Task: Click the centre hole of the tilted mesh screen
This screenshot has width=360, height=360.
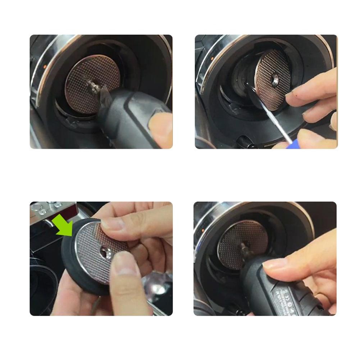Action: (x=275, y=79)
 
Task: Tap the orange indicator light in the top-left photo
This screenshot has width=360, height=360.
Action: (x=44, y=67)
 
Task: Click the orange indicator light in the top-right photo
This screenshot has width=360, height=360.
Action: (x=212, y=58)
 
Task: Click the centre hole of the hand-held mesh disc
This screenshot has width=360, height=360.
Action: (x=106, y=250)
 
